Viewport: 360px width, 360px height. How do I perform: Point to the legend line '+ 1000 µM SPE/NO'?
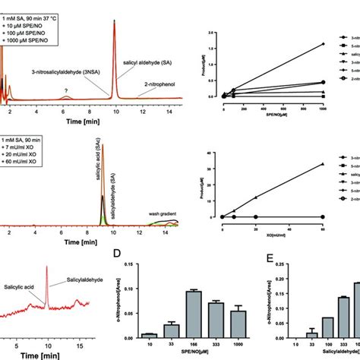(x=34, y=39)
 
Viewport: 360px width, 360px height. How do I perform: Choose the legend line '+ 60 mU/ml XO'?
(x=30, y=162)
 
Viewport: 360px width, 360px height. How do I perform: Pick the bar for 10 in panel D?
(x=149, y=335)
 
